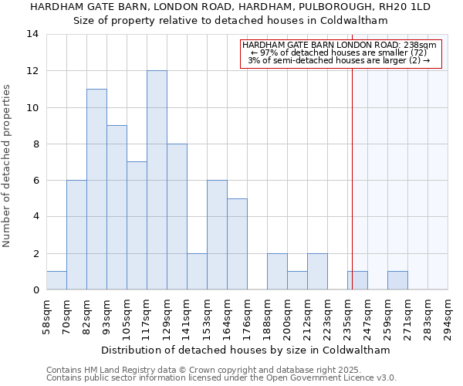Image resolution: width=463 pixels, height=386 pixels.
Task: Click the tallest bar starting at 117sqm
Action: (157, 180)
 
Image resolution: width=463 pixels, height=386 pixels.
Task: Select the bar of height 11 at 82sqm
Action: (96, 189)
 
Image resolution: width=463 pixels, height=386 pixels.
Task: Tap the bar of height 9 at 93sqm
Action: (117, 208)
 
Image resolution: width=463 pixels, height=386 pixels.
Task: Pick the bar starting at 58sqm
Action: (56, 280)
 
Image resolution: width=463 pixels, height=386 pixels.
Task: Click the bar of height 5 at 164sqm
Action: (237, 244)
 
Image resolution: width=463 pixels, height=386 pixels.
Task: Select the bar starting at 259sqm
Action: (397, 280)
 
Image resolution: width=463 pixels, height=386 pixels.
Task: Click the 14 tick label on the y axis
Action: (32, 34)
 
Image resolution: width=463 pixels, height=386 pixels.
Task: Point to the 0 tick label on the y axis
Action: (35, 289)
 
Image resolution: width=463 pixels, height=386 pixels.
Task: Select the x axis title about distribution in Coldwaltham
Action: (245, 350)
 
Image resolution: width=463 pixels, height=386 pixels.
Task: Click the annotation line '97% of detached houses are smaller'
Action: (340, 52)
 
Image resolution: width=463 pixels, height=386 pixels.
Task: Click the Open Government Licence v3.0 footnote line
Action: (221, 378)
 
